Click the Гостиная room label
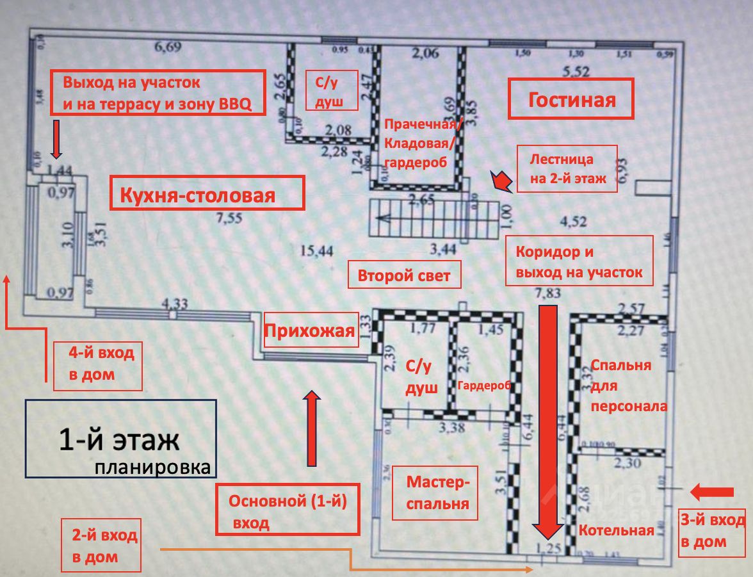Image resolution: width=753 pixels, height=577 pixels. click(571, 99)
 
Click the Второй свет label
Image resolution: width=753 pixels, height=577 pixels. click(405, 277)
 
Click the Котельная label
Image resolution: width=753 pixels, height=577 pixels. click(617, 530)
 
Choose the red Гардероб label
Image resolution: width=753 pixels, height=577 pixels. click(484, 386)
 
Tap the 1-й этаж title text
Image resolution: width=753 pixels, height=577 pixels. click(120, 441)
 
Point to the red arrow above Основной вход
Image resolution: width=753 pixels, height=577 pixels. click(312, 428)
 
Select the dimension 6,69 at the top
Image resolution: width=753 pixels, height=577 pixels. click(169, 45)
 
